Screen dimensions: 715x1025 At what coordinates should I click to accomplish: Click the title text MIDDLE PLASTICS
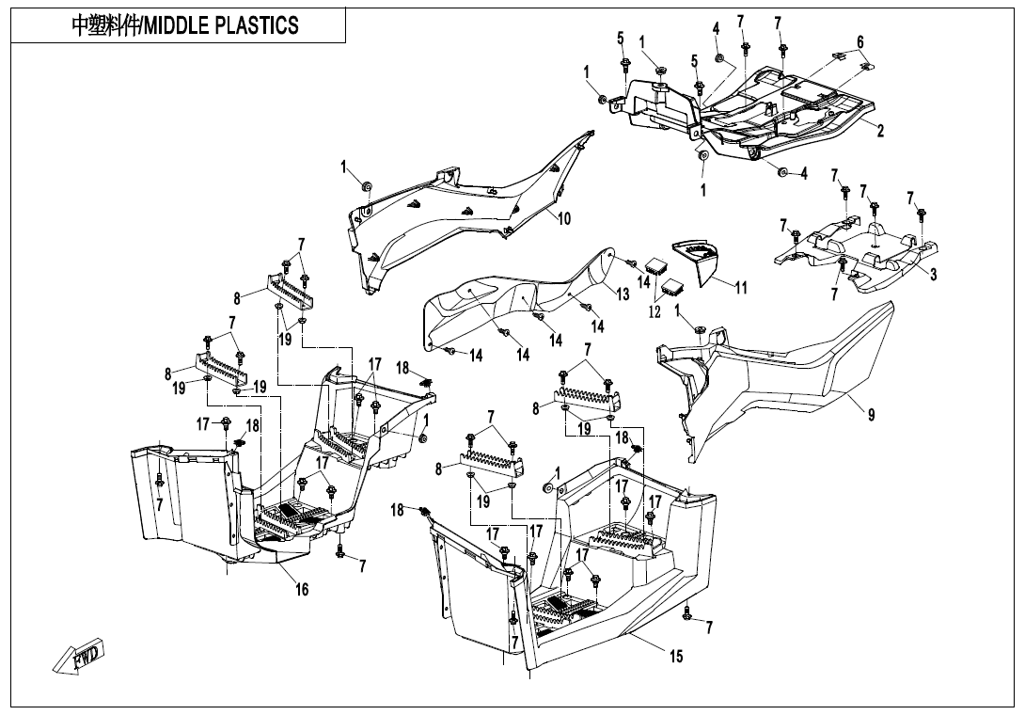coord(185,25)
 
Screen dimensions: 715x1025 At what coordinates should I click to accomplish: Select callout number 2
coord(881,131)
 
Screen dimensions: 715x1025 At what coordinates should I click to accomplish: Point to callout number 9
coord(872,414)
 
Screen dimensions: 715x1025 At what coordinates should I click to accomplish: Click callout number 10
coord(564,218)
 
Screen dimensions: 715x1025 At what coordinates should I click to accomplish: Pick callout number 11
coord(741,287)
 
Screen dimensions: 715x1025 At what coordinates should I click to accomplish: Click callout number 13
coord(623,294)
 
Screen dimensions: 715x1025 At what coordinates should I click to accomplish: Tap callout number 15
coord(677,656)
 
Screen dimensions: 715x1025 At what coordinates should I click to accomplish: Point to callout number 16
coord(302,589)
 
